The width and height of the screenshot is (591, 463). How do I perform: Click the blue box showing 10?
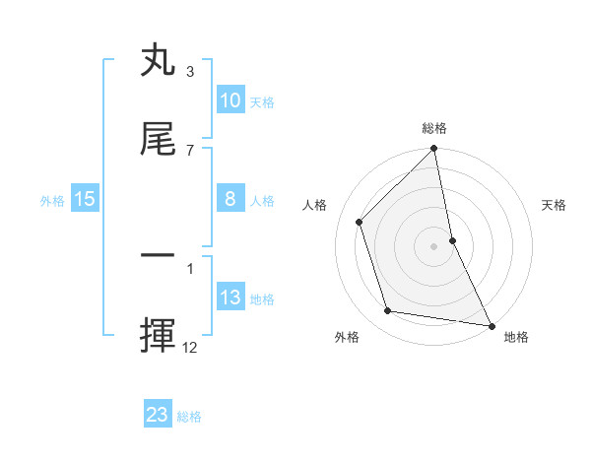coord(230,100)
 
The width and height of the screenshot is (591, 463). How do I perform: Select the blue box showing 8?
coord(230,199)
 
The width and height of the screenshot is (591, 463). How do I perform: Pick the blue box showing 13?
coord(230,298)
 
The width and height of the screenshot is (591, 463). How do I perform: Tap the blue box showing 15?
coord(85,200)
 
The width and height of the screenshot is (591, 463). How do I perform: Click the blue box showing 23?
coord(158,415)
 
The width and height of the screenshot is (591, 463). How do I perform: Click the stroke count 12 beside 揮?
coord(190,347)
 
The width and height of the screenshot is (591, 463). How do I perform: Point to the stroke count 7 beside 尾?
coord(190,150)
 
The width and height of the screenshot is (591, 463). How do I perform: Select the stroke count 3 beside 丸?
coord(190,72)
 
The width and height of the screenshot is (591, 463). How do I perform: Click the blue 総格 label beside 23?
coord(189,417)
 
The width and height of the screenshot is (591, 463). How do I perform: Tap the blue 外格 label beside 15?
coord(52,201)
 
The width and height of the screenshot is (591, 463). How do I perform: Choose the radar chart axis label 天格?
coord(554,205)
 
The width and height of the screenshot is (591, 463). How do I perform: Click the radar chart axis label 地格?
coord(516,337)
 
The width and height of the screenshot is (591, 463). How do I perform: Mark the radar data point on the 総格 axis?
coord(433,150)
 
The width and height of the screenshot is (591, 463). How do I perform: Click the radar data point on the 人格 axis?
coord(360,222)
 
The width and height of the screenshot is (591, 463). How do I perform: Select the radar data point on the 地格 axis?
coord(491,324)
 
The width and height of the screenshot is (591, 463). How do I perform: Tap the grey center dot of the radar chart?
coord(433,245)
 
